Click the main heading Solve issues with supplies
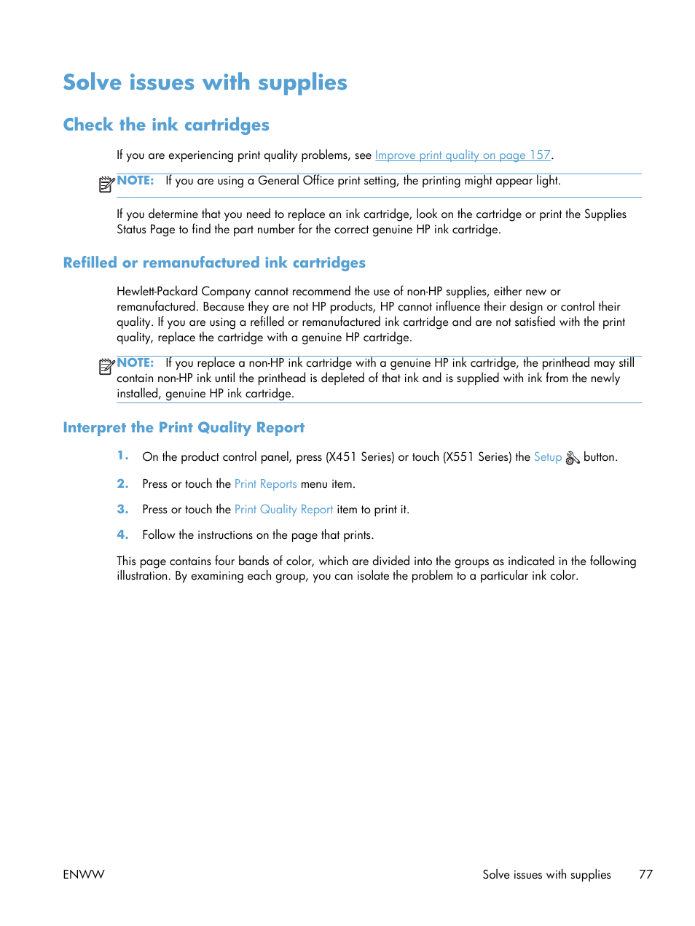205,82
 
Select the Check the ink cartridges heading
166,125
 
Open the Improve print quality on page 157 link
463,155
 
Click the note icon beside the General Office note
106,184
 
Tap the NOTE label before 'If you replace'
136,362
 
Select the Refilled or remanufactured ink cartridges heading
214,262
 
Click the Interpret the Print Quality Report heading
184,427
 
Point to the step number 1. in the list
122,456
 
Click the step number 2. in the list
122,483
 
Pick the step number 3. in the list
122,509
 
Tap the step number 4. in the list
122,534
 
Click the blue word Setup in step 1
547,457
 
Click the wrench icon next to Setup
573,458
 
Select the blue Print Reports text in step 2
265,484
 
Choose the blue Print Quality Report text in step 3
283,510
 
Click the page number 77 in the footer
645,874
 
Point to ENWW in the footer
84,874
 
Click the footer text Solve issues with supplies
546,874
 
